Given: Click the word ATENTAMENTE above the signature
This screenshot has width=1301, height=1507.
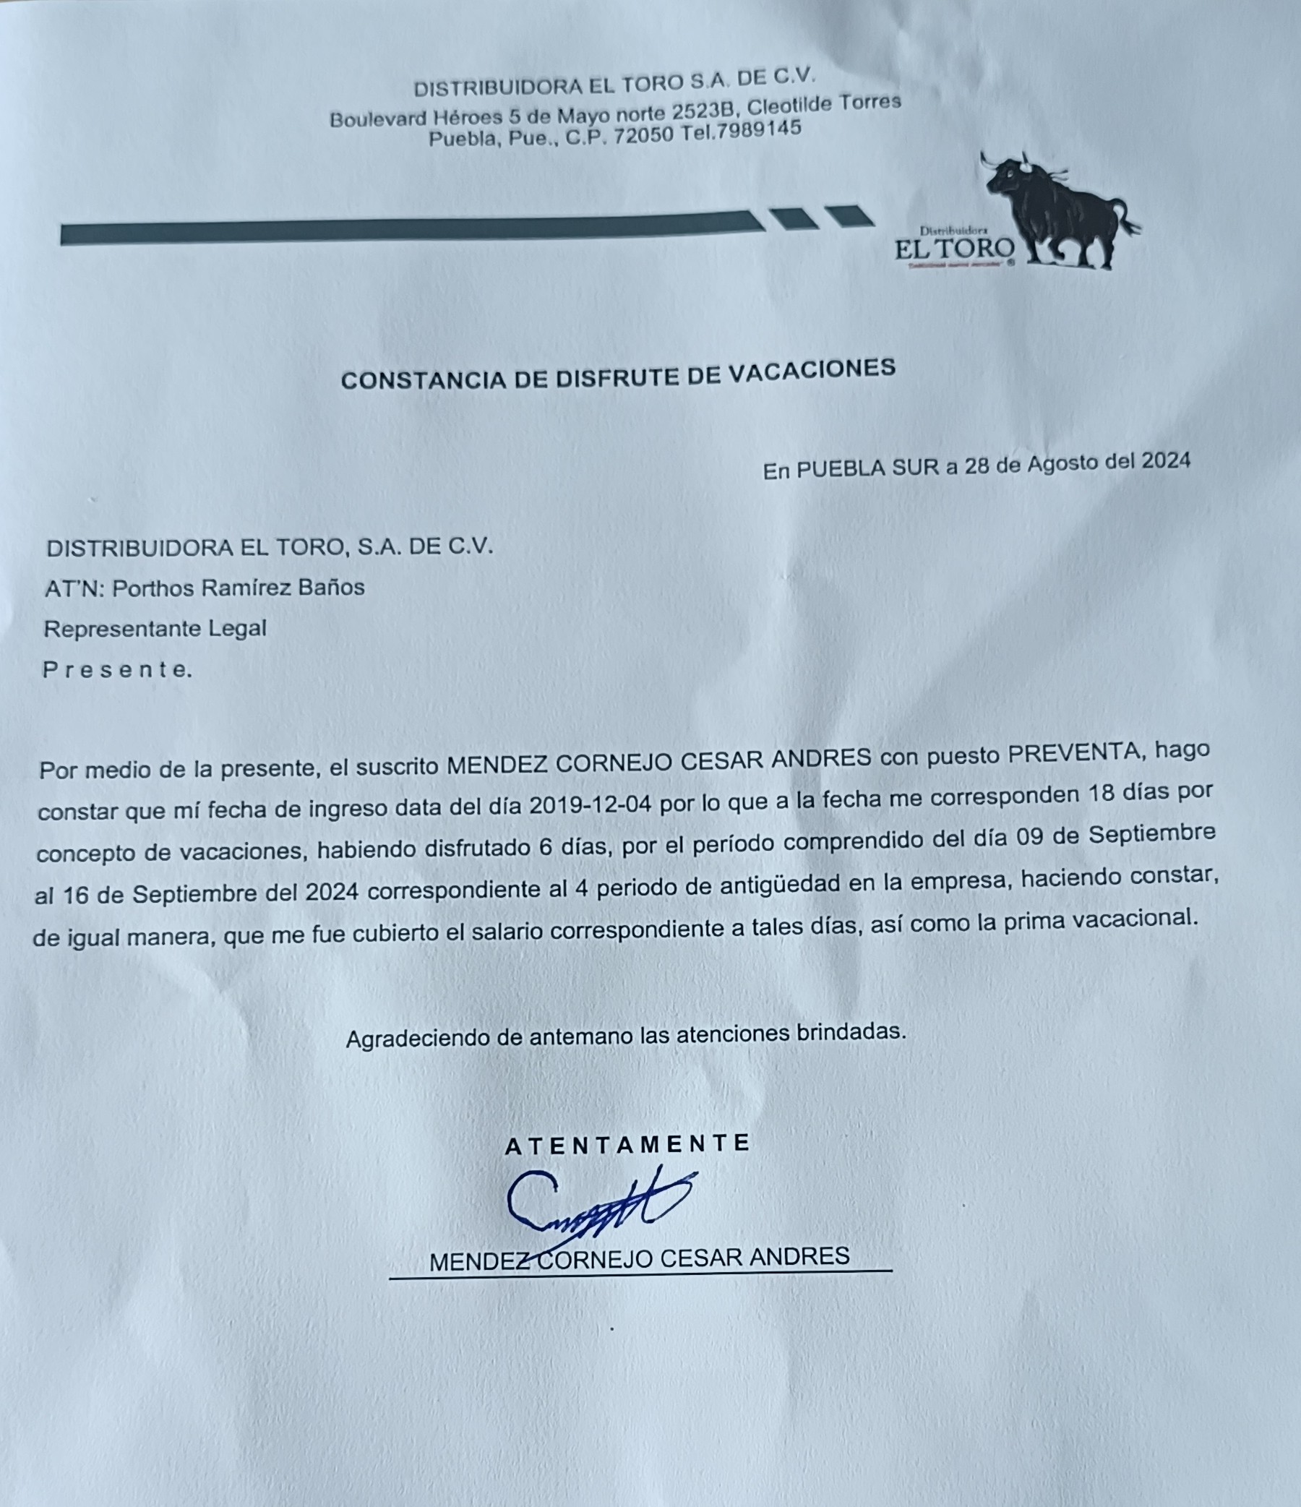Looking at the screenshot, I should [627, 1144].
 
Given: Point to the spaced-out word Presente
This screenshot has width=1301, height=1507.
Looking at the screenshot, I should [117, 669].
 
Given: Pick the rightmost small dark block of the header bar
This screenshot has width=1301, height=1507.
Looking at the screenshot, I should [849, 216].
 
